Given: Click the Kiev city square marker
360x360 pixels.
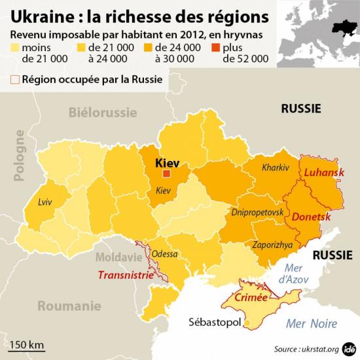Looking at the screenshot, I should tap(166, 173).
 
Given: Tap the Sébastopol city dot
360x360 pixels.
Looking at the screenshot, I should tap(246, 322).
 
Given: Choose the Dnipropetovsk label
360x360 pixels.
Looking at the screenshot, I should tap(257, 213).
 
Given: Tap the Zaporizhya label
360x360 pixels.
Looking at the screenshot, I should tap(272, 244).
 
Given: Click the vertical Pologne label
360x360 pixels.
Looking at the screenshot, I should tap(19, 154).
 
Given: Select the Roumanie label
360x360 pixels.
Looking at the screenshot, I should tap(69, 306).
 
